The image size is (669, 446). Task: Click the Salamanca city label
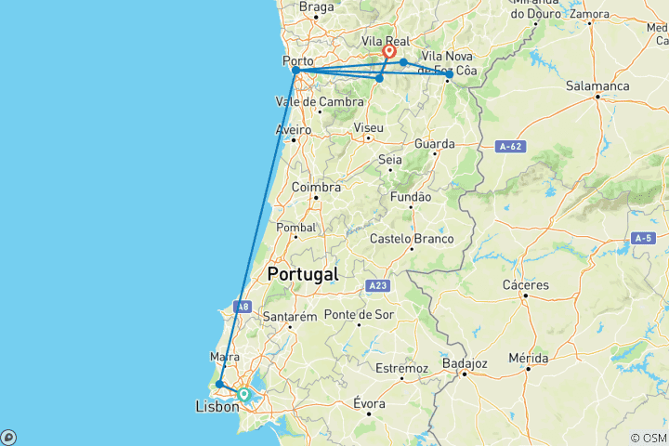pyautogui.click(x=597, y=86)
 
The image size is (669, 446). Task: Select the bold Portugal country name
pyautogui.click(x=302, y=274)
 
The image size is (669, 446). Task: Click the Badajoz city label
pyautogui.click(x=466, y=363)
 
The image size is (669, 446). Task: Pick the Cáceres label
pyautogui.click(x=525, y=284)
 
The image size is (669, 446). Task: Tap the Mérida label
pyautogui.click(x=529, y=358)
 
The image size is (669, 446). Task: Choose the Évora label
pyautogui.click(x=369, y=402)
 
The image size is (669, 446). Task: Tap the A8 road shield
pyautogui.click(x=242, y=307)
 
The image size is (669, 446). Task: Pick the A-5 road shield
pyautogui.click(x=643, y=239)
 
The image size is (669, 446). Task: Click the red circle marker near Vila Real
pyautogui.click(x=389, y=52)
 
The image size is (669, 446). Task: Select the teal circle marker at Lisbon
pyautogui.click(x=243, y=394)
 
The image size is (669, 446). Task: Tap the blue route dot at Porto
pyautogui.click(x=295, y=71)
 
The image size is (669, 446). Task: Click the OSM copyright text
pyautogui.click(x=648, y=438)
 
